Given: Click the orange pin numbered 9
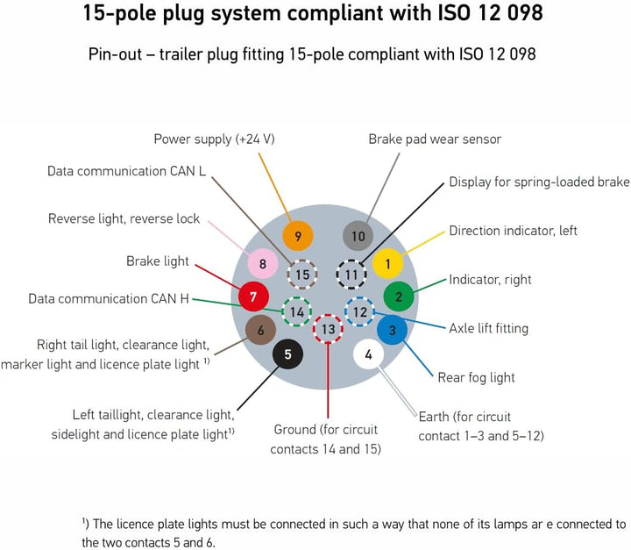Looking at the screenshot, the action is coord(298,236).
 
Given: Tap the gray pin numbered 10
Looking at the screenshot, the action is coord(358,236).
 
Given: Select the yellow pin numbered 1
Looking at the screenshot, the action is coord(388,264).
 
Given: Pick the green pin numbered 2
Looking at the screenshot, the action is coord(399,297).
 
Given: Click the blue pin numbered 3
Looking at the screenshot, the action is coord(393,331).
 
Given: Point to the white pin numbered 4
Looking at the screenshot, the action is coord(369,354).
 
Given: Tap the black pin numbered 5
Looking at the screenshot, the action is coord(287,354).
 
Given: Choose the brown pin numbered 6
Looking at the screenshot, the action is coord(261,331).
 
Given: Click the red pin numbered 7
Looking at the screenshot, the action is coord(253,297).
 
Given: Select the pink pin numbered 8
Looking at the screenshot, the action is coord(263,264).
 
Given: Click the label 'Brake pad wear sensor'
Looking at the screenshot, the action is coord(435,139).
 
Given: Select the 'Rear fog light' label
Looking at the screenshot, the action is coord(476,377).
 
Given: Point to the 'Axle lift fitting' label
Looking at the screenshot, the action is coord(488,328).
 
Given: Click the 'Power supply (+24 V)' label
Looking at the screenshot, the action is coord(214,139).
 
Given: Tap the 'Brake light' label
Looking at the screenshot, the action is coord(158,261).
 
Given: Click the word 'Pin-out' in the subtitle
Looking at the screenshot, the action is coord(115,54).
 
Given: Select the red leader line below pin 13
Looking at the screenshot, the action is coord(328,381).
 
